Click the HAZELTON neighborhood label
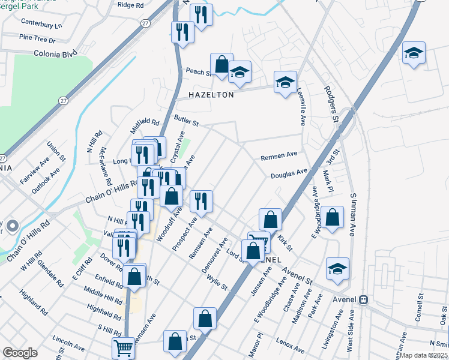click(x=195, y=95)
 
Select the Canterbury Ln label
click(x=41, y=25)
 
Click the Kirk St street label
click(x=285, y=243)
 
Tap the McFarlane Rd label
click(x=106, y=166)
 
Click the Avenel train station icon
click(x=363, y=299)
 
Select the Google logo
click(x=20, y=353)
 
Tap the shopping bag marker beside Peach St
click(x=221, y=64)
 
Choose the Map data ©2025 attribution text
click(x=424, y=355)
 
